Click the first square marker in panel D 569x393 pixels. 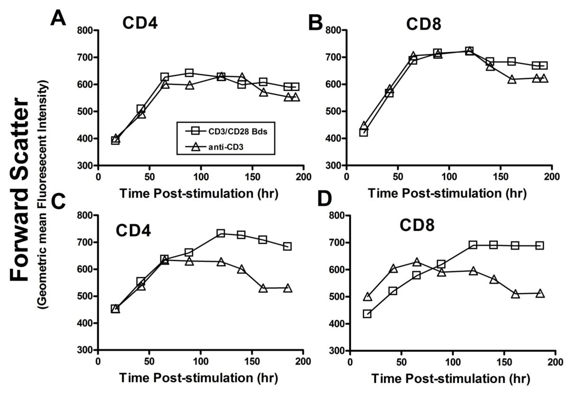[367, 314]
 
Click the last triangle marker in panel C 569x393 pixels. [287, 288]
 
